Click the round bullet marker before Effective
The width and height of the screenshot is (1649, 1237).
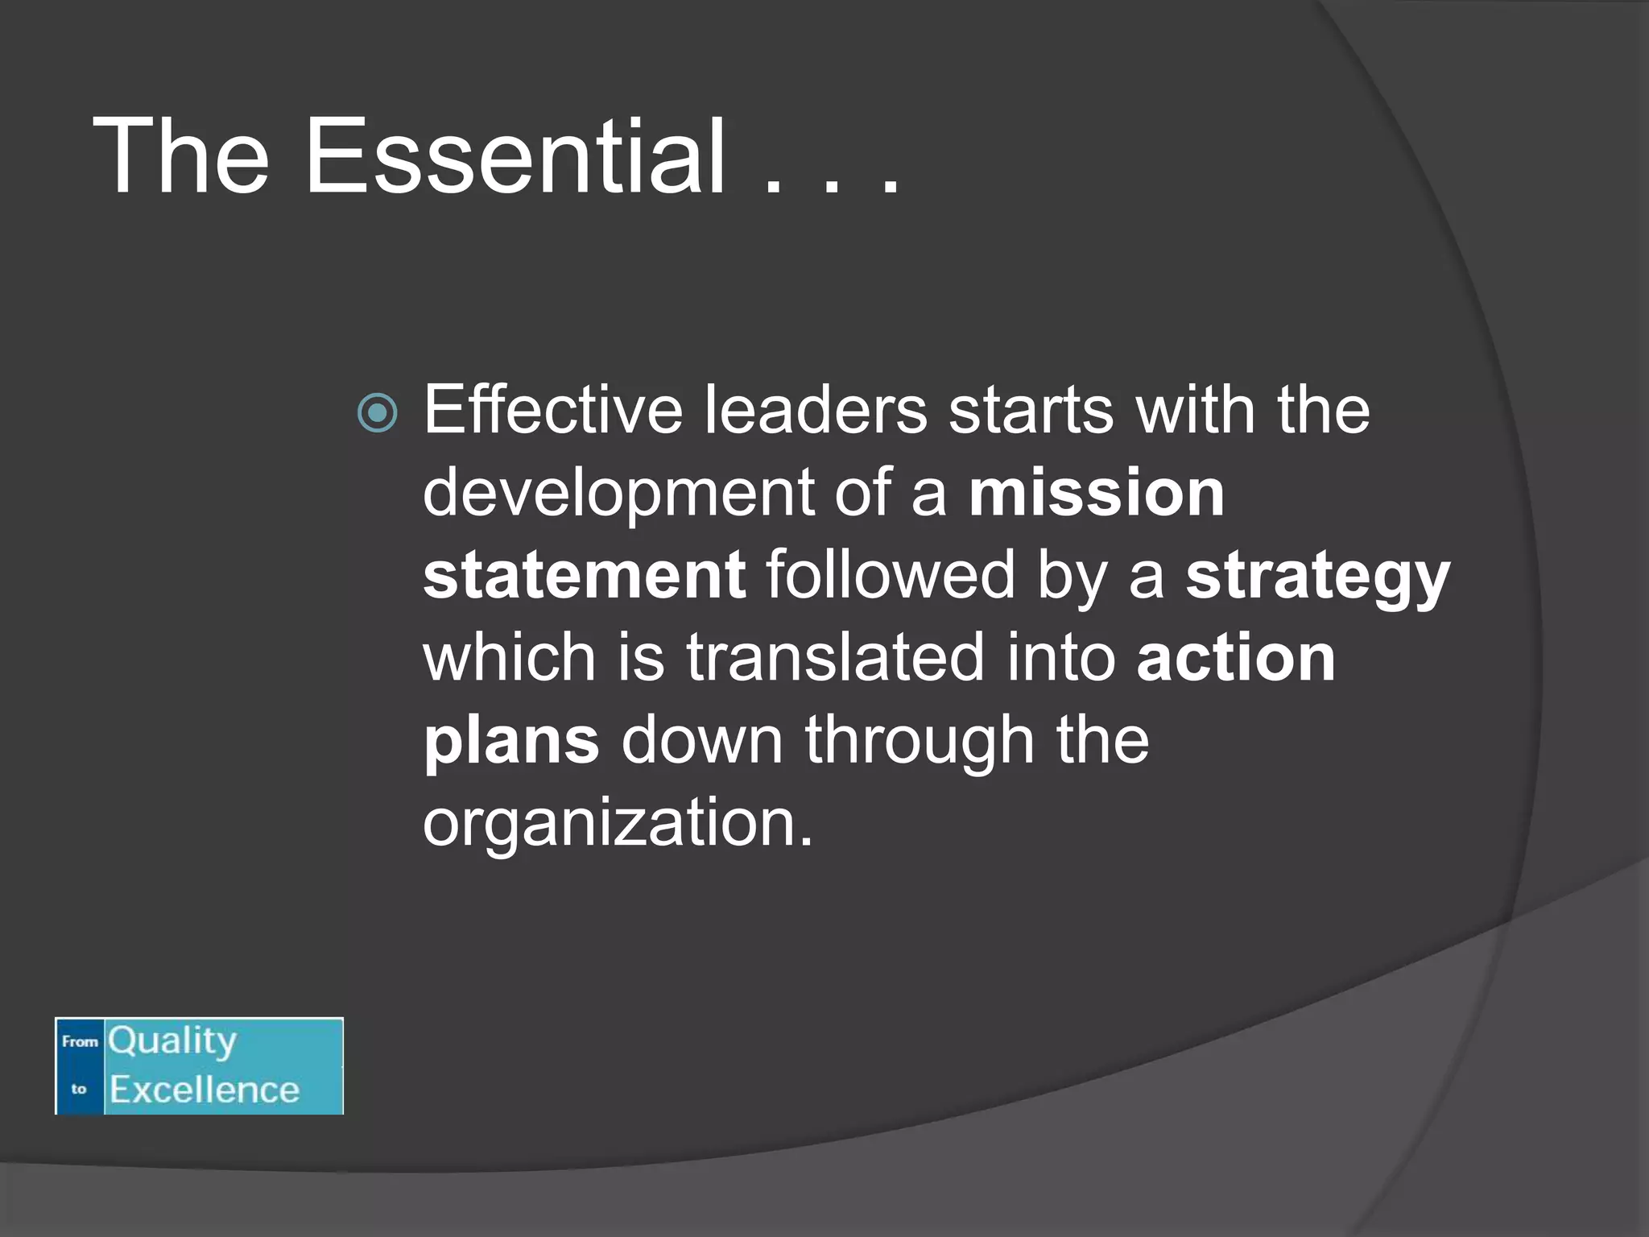(377, 413)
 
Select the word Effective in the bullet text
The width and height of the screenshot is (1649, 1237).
(552, 410)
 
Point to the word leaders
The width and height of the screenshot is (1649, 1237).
(816, 410)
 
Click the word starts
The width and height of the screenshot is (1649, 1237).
(1031, 410)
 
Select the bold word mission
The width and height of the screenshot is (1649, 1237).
(1097, 492)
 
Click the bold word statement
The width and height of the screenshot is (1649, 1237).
(585, 575)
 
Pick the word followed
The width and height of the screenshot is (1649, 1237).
(891, 575)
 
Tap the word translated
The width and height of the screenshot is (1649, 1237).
(835, 657)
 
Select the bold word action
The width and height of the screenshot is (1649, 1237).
(1236, 657)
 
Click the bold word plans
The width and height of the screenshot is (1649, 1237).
(511, 742)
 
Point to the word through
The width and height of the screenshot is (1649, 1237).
(920, 742)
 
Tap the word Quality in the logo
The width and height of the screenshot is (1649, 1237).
(172, 1041)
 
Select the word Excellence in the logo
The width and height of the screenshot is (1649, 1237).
(205, 1090)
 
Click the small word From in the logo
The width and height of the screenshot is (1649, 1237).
(80, 1041)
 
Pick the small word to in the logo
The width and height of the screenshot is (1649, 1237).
(78, 1089)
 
